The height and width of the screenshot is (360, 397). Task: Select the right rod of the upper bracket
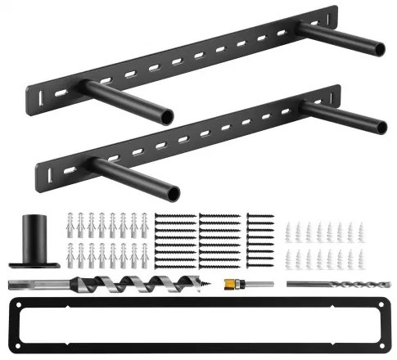click(344, 38)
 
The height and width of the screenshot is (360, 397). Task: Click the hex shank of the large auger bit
click(33, 284)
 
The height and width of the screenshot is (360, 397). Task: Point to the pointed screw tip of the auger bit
click(214, 285)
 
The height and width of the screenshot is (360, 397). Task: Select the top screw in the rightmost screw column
click(261, 216)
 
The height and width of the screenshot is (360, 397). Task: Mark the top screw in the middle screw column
click(216, 216)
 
